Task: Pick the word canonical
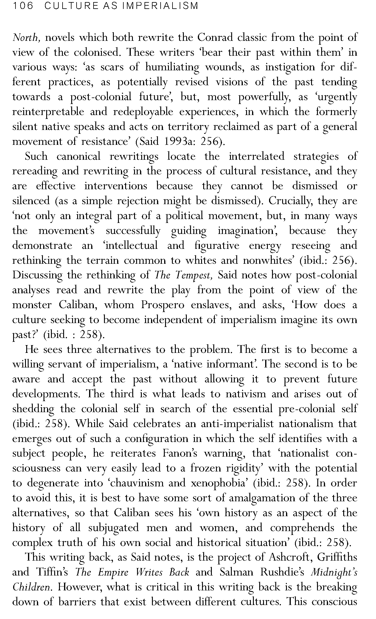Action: [x=78, y=156]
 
